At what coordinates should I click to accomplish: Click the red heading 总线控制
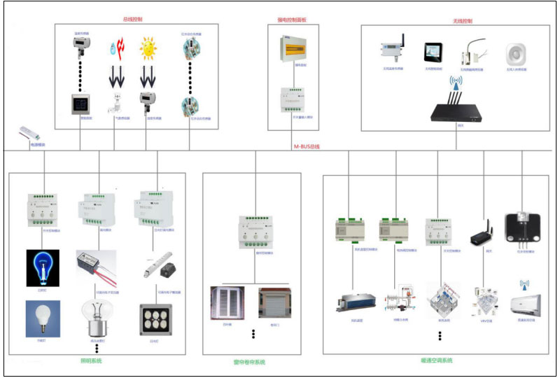[136, 19]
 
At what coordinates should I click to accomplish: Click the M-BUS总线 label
[306, 146]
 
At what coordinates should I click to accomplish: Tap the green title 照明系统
[91, 360]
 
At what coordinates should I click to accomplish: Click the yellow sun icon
[148, 51]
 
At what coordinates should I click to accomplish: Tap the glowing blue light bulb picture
[43, 266]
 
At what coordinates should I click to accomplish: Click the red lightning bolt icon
[115, 50]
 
